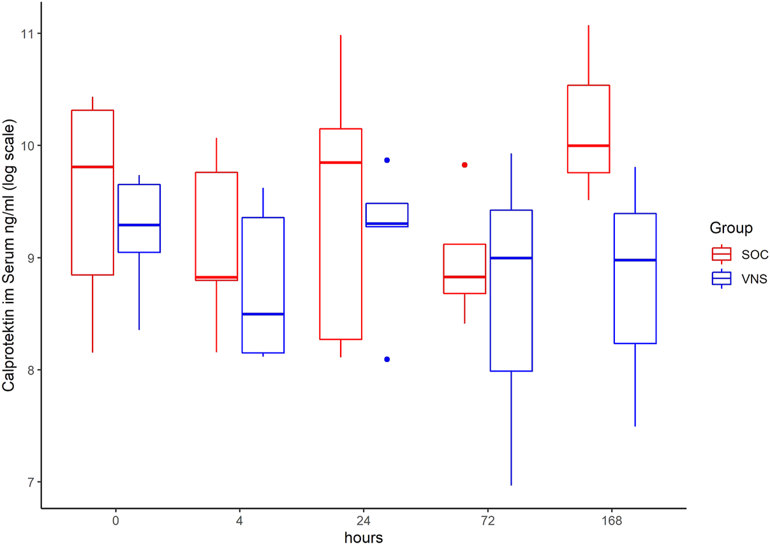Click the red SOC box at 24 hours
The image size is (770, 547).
[341, 234]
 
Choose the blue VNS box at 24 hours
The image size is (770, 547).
[387, 214]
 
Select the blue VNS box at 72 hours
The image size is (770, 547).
[511, 290]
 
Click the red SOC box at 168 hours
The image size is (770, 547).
[588, 129]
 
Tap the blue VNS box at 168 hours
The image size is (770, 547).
[635, 278]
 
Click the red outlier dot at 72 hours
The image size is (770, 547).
[464, 165]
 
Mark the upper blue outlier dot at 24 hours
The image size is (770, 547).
[387, 160]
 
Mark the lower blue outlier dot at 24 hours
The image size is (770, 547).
[387, 359]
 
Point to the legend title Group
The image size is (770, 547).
[730, 229]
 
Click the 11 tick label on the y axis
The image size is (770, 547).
[28, 33]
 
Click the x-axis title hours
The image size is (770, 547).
[364, 537]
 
